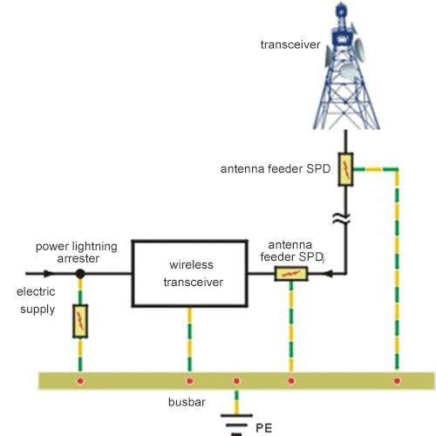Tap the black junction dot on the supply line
tap(80, 274)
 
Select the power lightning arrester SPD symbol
tap(80, 321)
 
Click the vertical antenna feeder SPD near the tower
tap(345, 169)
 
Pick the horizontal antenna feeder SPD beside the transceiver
tap(291, 274)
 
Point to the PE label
tap(264, 428)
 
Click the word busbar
tap(187, 402)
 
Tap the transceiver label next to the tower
tap(290, 44)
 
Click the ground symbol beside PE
tap(236, 425)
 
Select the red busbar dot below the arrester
tap(80, 380)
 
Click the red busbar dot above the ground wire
tap(236, 380)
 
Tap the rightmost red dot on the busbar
tap(397, 380)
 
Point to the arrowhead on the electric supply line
tap(48, 273)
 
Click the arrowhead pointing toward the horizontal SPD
tap(328, 274)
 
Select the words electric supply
tap(36, 300)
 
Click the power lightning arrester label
tap(77, 252)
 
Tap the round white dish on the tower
tap(348, 72)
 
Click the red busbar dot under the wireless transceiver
tap(189, 380)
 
